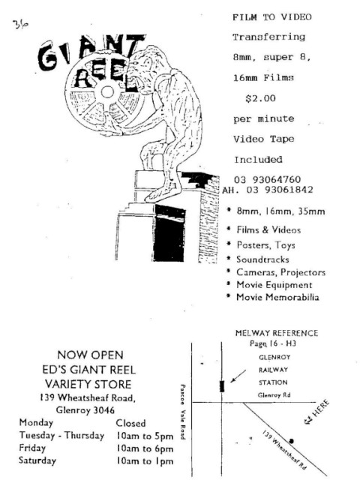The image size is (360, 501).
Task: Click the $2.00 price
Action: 260,98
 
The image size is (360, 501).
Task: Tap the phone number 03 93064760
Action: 267,179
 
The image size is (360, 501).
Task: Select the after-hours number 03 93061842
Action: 280,190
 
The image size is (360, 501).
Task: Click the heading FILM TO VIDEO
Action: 271,17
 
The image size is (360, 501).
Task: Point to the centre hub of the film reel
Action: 107,92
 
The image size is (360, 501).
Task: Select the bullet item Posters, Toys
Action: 265,245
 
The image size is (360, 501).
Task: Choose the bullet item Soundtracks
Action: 262,259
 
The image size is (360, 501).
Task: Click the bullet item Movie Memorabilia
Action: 277,297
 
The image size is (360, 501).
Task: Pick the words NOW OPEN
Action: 90,355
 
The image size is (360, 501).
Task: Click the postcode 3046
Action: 103,410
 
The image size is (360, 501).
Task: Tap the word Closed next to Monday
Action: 130,423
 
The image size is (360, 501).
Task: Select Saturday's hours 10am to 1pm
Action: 145,461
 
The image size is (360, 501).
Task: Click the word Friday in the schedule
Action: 32,448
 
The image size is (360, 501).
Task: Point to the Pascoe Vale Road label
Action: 182,412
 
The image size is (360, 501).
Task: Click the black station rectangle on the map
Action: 222,386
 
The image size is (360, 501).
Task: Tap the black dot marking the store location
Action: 291,441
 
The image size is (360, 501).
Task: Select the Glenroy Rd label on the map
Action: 274,395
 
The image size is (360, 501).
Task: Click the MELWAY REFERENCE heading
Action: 277,333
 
